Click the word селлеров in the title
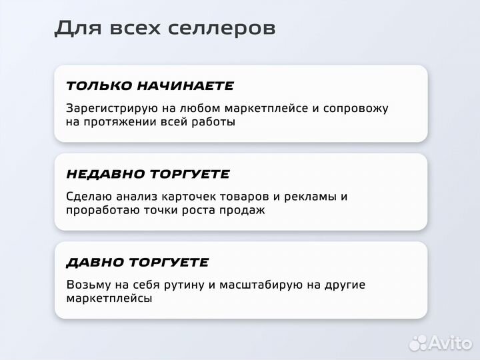click(x=227, y=28)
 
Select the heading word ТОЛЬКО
click(x=99, y=86)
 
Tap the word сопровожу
click(x=355, y=108)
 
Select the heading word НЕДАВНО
click(x=106, y=174)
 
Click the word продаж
click(x=244, y=210)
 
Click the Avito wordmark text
click(x=451, y=343)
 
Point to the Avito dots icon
click(x=418, y=343)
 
